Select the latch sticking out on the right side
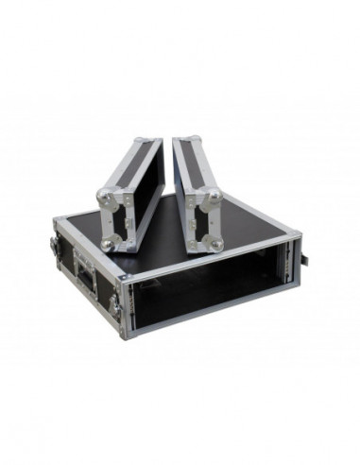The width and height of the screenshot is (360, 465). click(x=305, y=254)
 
